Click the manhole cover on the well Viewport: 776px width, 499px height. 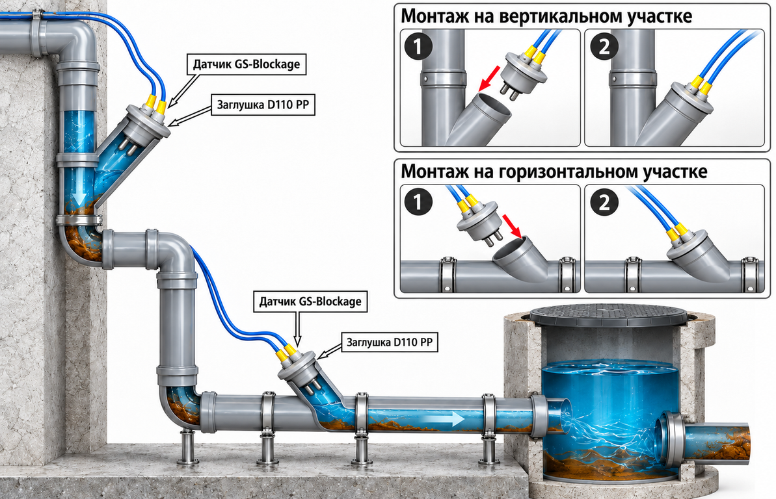pyautogui.click(x=608, y=314)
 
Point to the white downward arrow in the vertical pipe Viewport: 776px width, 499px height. pyautogui.click(x=78, y=198)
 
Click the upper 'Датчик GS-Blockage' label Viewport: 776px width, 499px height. pyautogui.click(x=247, y=64)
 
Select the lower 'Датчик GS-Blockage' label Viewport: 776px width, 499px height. pyautogui.click(x=310, y=301)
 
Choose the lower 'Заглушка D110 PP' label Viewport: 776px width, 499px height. pyautogui.click(x=390, y=342)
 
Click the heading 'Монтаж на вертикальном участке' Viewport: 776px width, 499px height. pyautogui.click(x=546, y=16)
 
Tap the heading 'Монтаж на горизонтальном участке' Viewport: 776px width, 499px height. pyautogui.click(x=554, y=171)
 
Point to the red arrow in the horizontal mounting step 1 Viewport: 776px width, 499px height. pyautogui.click(x=513, y=225)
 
